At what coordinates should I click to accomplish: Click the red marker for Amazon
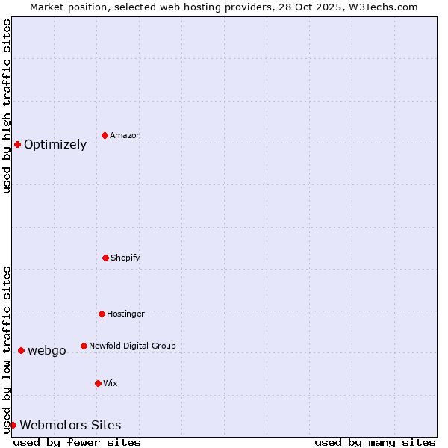coord(105,135)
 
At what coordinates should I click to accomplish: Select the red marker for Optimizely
coord(17,144)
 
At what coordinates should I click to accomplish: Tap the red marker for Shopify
coord(105,258)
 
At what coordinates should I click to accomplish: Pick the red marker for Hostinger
coord(102,314)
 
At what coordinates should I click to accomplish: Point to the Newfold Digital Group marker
coord(84,346)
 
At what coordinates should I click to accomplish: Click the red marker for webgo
coord(21,350)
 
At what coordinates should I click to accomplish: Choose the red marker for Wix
coord(98,383)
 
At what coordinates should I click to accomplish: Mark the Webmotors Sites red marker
coord(13,425)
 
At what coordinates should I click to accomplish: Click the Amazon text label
coord(125,135)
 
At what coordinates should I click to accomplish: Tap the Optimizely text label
coord(55,145)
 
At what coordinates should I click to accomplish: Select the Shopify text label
coord(125,258)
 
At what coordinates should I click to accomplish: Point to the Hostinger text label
coord(125,314)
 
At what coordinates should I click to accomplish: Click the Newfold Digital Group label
coord(132,346)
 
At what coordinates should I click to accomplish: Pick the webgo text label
coord(47,351)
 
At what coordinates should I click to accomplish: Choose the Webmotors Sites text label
coord(70,426)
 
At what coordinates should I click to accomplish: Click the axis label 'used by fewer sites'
coord(77,442)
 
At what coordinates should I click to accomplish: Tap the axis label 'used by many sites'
coord(375,442)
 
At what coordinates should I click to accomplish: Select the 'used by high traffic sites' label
coord(7,106)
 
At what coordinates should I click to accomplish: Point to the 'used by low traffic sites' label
coord(7,349)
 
